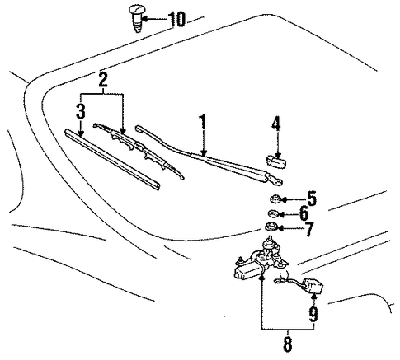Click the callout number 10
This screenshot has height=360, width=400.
176,19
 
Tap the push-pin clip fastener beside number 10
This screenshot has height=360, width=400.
136,18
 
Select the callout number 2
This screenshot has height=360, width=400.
103,80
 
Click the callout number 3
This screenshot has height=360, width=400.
81,111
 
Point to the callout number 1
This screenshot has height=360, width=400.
203,121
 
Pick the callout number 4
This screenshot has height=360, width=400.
276,123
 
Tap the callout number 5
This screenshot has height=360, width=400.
312,199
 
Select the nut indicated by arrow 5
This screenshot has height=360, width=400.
274,199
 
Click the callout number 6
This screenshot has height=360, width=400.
304,213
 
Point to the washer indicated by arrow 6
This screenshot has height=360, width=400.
273,213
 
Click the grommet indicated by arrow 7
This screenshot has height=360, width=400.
270,227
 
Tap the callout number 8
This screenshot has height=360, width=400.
288,344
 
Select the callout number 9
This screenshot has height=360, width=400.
313,314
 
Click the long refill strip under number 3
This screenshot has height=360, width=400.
112,159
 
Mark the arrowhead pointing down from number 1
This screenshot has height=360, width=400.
204,153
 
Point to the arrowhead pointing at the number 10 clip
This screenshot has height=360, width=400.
144,19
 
